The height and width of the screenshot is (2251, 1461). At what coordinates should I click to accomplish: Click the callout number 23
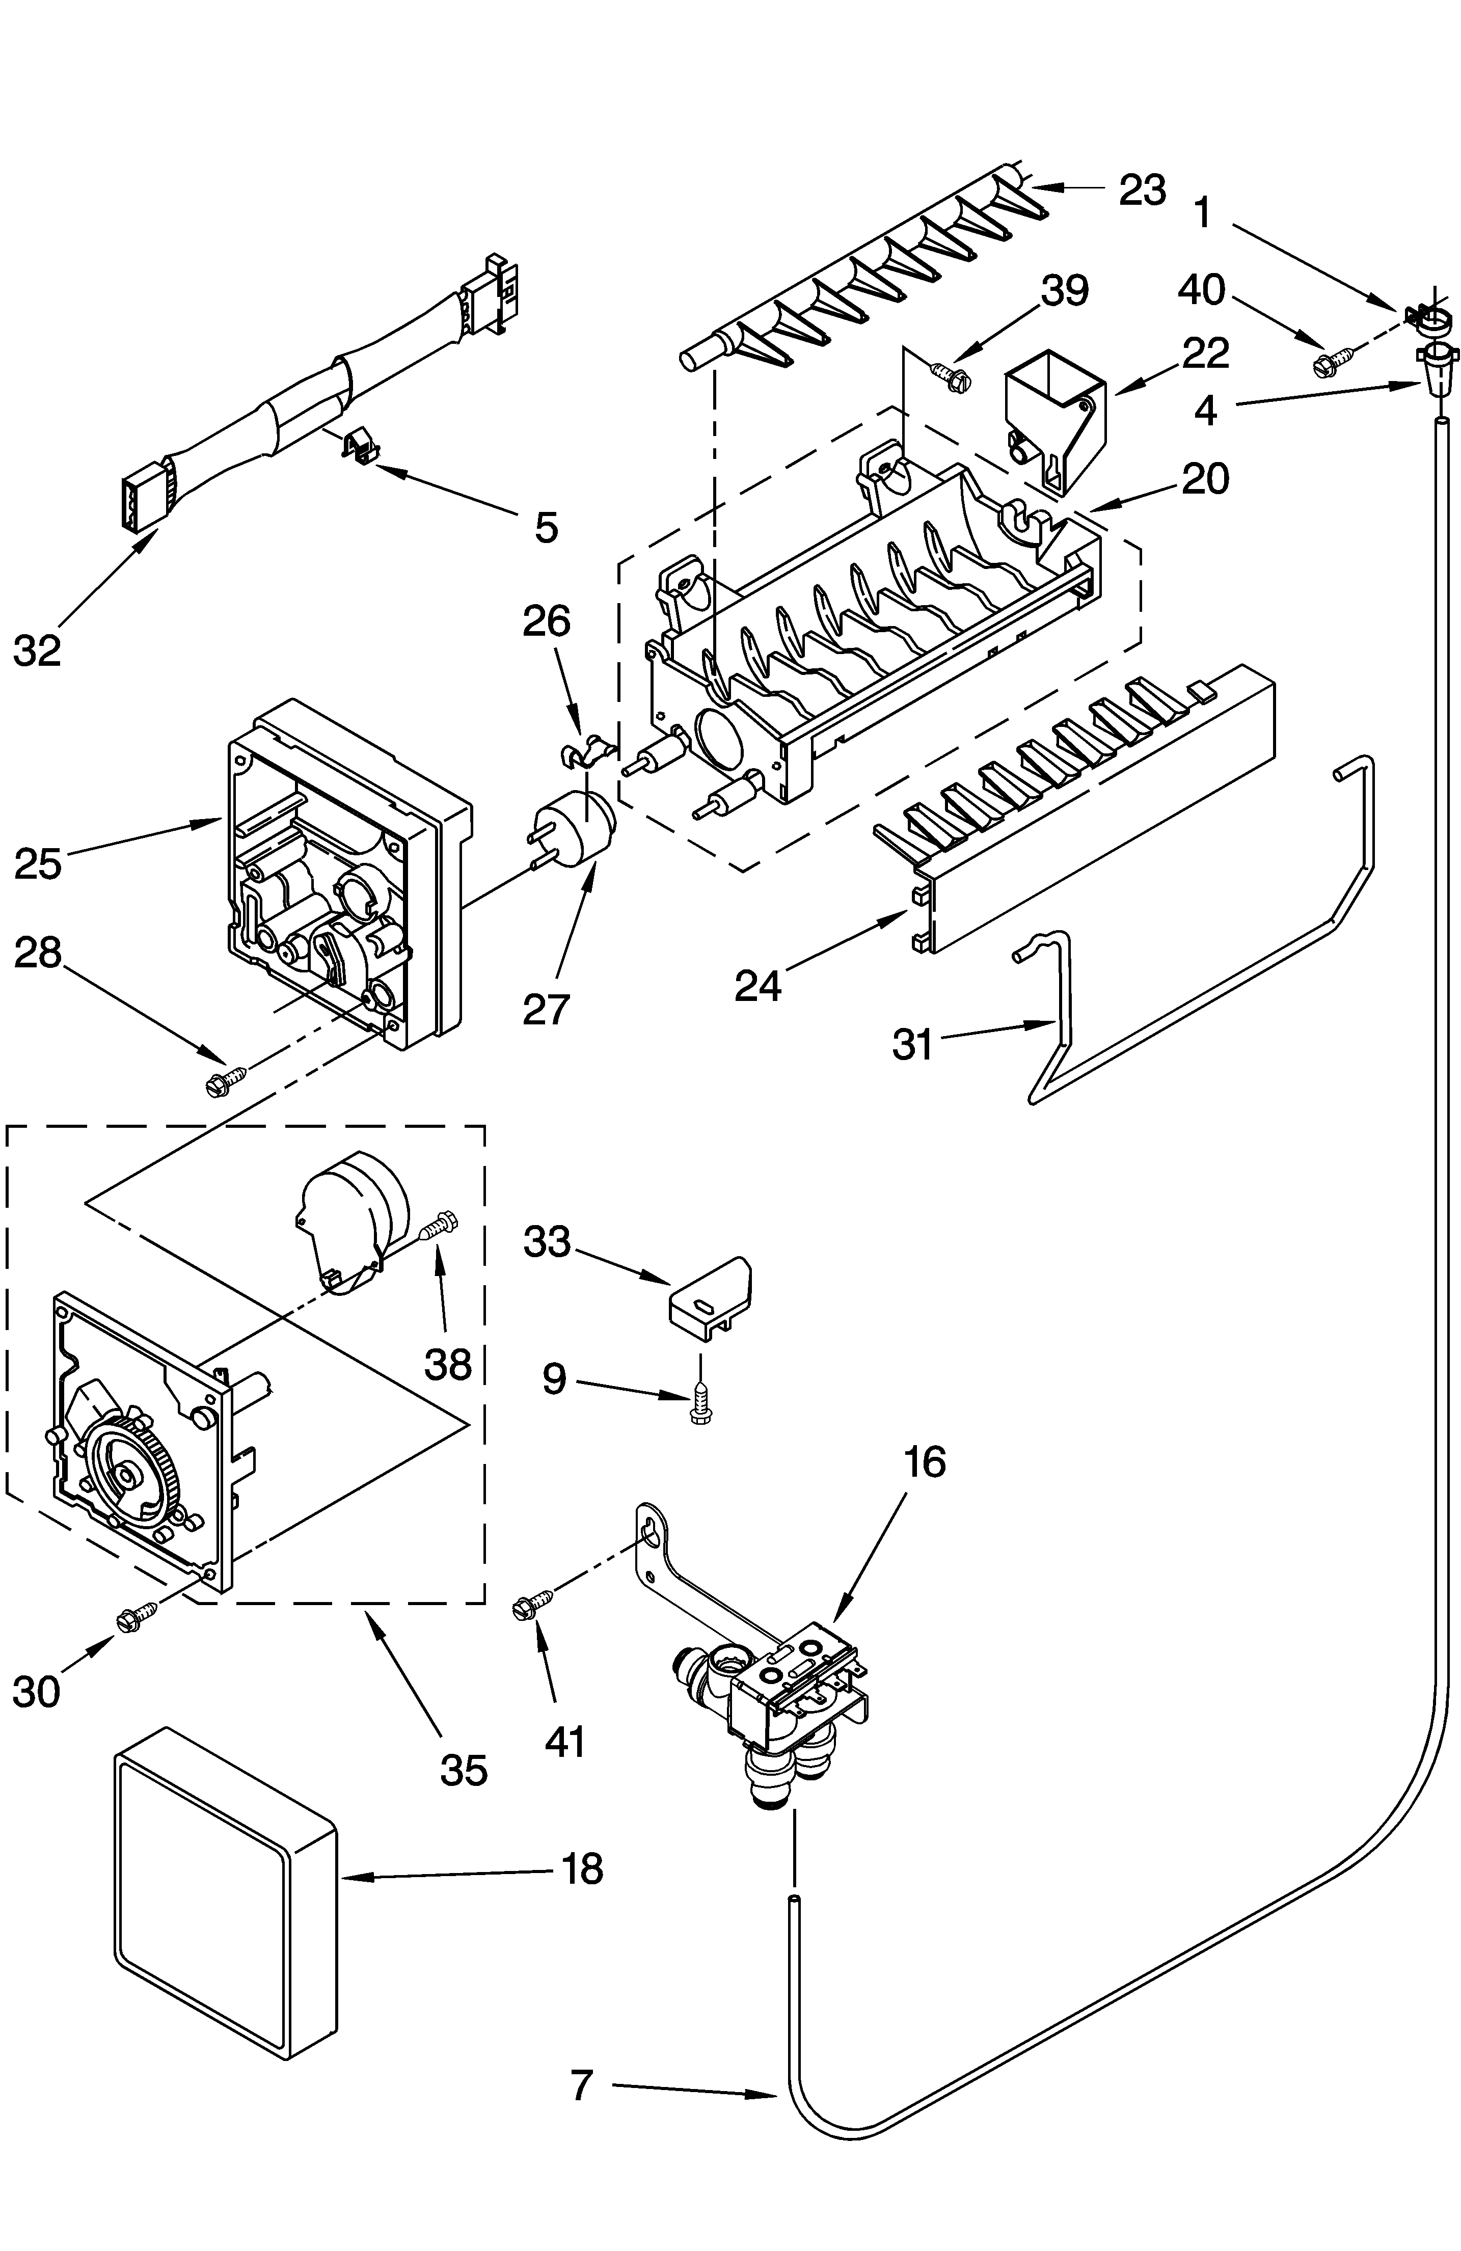click(x=1142, y=190)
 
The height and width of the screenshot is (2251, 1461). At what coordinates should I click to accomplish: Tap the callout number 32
click(x=38, y=650)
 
